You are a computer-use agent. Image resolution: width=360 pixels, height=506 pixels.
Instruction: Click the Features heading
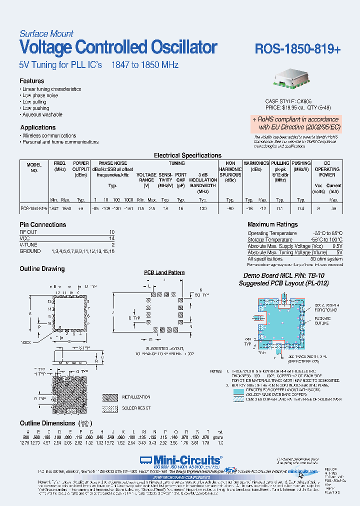point(31,81)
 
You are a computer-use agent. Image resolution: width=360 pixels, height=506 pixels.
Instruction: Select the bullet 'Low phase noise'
point(40,95)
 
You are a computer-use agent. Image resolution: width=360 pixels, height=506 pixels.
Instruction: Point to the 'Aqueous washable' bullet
point(43,114)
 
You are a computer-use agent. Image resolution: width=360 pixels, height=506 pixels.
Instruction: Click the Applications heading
point(37,127)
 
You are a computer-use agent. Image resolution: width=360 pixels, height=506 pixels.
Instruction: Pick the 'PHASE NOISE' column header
point(112,163)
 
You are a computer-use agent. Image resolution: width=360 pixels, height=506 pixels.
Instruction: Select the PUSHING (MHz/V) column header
point(301,166)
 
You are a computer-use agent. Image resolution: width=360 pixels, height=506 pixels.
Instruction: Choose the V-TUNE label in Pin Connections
point(28,245)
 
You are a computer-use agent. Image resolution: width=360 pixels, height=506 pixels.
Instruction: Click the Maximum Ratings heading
point(272,224)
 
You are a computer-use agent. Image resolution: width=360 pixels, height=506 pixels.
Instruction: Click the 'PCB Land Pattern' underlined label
point(164,272)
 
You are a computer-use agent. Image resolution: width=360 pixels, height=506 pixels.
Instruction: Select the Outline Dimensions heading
point(47,423)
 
